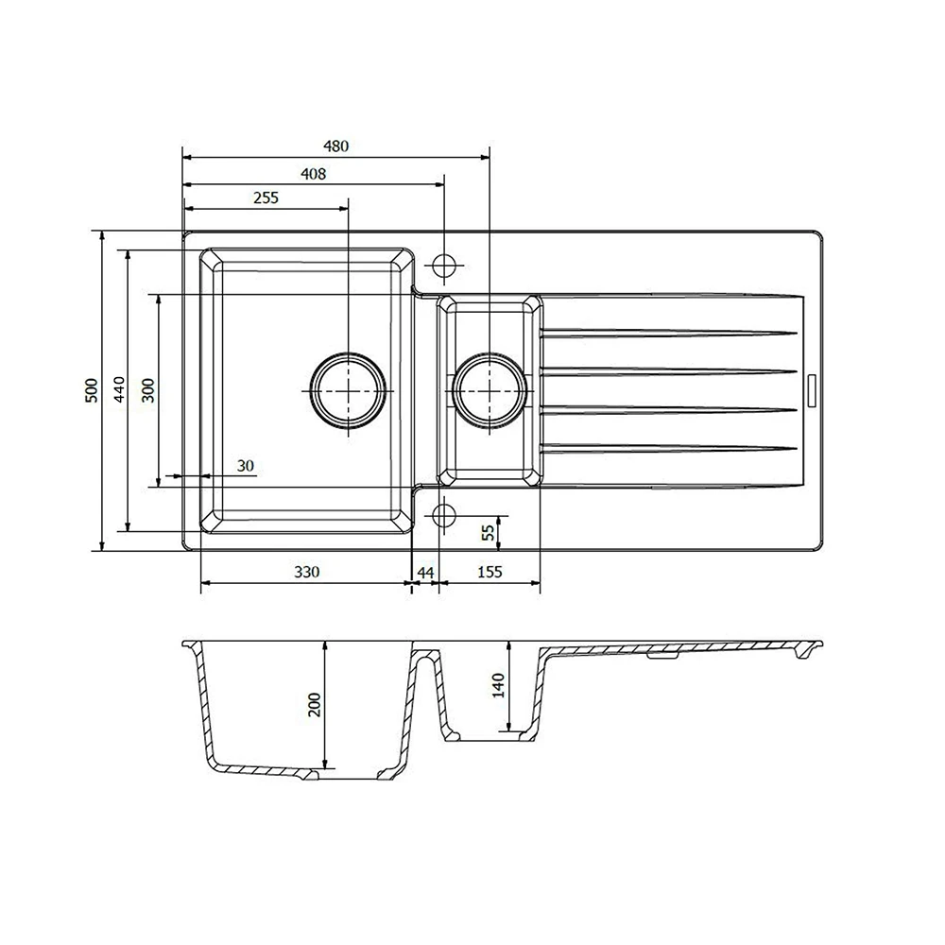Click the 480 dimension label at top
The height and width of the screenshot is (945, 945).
point(336,146)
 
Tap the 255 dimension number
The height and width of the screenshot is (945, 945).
point(266,198)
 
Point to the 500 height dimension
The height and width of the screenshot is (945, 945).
point(91,390)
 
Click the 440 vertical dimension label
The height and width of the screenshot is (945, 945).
point(119,390)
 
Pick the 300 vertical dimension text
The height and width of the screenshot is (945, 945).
point(147,390)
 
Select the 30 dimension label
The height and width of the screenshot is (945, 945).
point(246,465)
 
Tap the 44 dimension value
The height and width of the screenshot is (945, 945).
point(425,572)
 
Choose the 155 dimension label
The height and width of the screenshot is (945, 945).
point(489,572)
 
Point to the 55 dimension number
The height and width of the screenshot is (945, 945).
point(488,532)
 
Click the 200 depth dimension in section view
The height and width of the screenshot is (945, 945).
point(315,704)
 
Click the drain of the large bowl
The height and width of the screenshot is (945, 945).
point(349,390)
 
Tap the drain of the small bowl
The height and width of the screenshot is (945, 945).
point(490,390)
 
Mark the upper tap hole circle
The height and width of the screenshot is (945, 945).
point(444,264)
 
